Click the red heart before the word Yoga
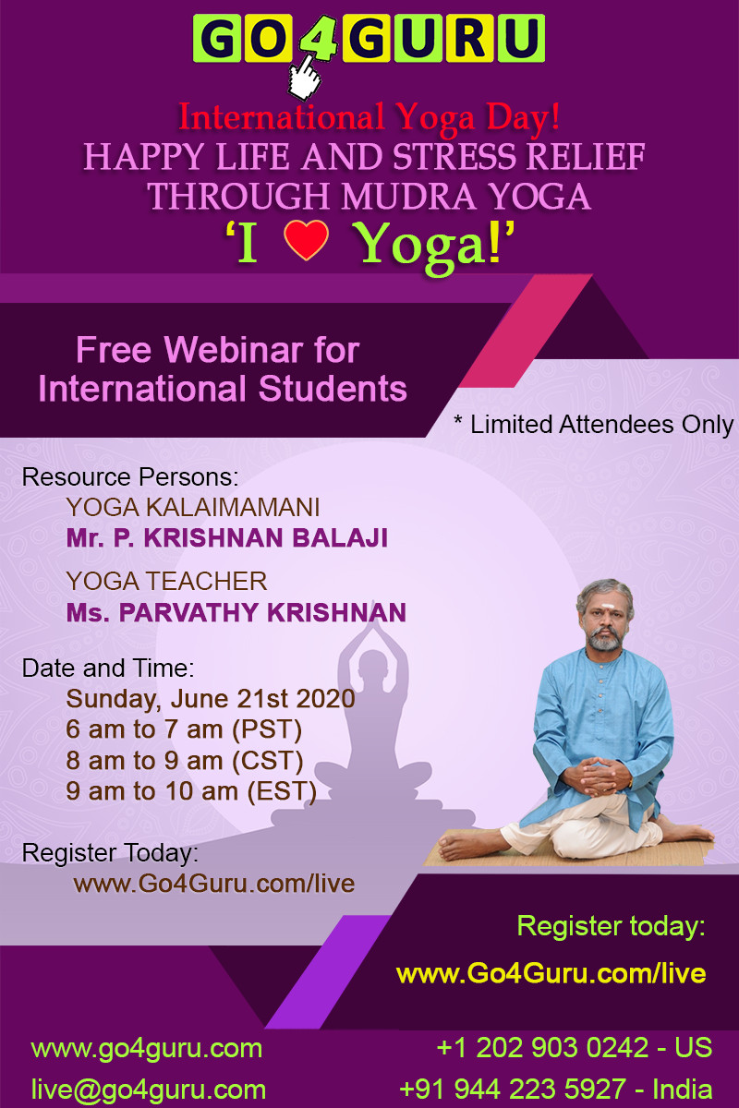[x=306, y=240]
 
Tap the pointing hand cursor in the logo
[x=305, y=78]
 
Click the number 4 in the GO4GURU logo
[x=318, y=38]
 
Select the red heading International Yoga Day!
[x=369, y=116]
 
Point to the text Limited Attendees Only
[x=601, y=425]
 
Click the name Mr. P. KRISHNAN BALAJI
[x=227, y=538]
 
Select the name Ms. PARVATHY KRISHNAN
[x=236, y=612]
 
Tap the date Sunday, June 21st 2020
[x=211, y=699]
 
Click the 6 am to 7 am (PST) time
[x=184, y=729]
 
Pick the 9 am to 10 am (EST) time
[x=191, y=791]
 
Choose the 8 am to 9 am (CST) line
[x=185, y=760]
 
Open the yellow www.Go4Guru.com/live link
[x=551, y=973]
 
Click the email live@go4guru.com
[x=149, y=1090]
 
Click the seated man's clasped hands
[x=600, y=775]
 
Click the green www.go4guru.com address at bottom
[x=147, y=1048]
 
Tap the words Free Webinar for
[x=218, y=350]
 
